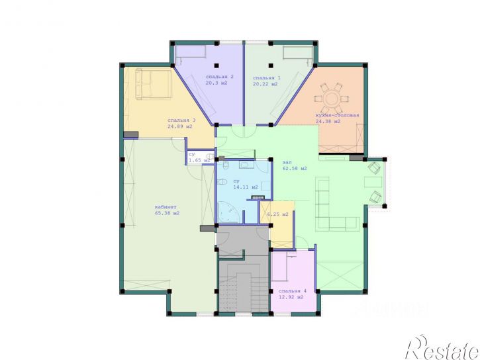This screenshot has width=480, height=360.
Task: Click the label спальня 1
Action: (267, 78)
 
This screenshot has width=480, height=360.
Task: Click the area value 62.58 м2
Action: (295, 169)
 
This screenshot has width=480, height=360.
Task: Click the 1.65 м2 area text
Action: (199, 160)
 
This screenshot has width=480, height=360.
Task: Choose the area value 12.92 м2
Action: (291, 297)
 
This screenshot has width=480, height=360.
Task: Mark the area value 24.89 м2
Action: (180, 126)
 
